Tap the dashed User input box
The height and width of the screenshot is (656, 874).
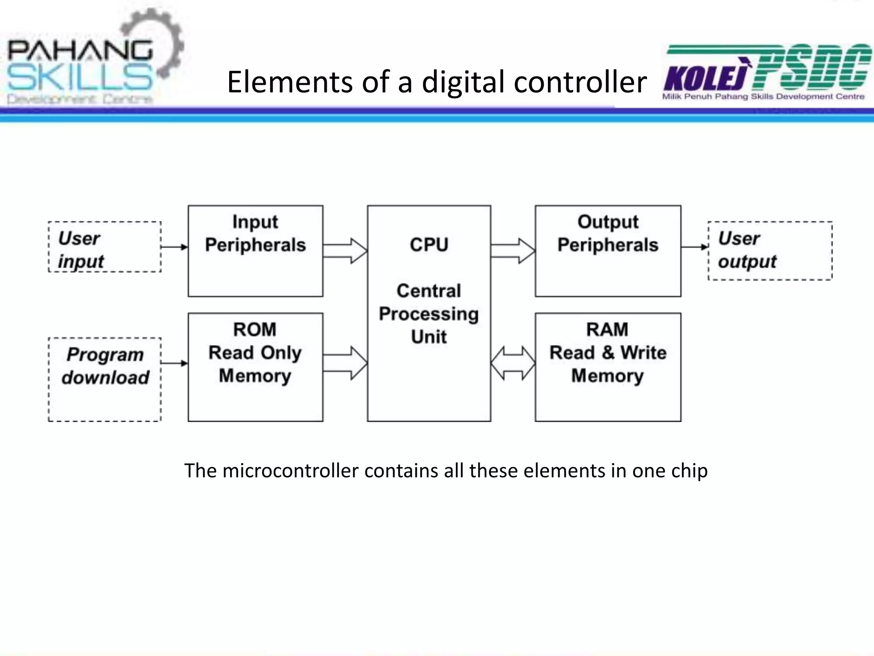(105, 247)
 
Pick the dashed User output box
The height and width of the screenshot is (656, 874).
(770, 251)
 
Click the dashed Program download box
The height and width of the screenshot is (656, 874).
(105, 379)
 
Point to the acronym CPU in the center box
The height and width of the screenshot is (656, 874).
(429, 245)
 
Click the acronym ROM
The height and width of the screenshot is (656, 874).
(255, 330)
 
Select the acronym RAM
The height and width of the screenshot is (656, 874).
(607, 330)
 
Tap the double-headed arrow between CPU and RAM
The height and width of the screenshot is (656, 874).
(513, 363)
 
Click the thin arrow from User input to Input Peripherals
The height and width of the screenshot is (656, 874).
(174, 247)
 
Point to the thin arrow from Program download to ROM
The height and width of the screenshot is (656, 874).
(174, 363)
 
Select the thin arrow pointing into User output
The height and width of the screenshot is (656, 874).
(694, 247)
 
